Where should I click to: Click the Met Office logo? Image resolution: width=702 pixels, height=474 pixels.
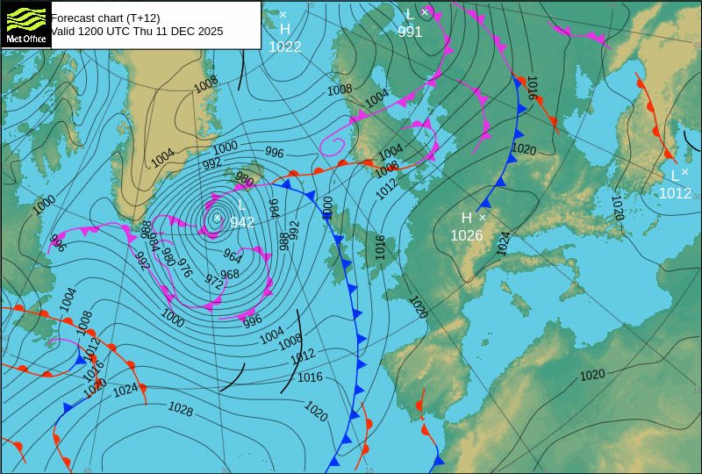(25, 24)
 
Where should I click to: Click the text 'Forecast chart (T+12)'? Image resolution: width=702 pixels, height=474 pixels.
(105, 18)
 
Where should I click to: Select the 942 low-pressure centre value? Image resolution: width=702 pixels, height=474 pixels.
(242, 223)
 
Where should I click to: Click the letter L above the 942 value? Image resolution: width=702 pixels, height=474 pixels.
(242, 206)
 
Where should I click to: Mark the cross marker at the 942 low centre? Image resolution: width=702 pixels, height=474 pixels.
(218, 218)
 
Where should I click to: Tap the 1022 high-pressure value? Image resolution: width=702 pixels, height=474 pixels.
(285, 47)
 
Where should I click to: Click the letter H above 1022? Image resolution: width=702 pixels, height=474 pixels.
(285, 30)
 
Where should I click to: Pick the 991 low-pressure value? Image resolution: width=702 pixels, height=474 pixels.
(410, 32)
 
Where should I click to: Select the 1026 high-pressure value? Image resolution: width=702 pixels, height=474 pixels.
(467, 235)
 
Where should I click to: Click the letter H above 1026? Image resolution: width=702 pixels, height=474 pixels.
(467, 218)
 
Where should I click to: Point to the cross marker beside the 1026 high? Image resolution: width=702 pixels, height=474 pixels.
(482, 217)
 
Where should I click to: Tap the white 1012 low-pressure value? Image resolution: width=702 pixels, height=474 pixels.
(675, 193)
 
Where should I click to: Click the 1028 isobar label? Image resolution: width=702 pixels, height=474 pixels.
(181, 409)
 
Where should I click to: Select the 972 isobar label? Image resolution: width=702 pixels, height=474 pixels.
(213, 281)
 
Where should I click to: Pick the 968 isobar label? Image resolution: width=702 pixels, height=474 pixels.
(230, 274)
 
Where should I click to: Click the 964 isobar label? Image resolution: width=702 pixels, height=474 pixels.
(233, 255)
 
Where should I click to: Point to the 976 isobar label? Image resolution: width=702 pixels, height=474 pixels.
(184, 269)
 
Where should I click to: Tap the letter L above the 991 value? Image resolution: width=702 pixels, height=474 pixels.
(410, 14)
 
